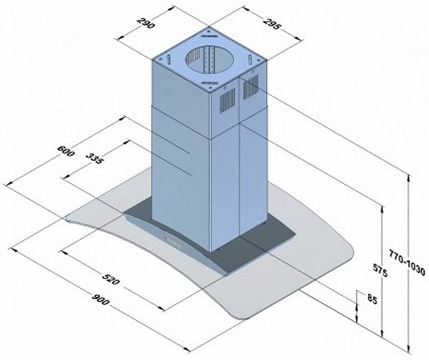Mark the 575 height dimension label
click(386, 273)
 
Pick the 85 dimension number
click(371, 300)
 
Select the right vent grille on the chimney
click(249, 89)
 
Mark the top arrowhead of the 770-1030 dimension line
click(409, 175)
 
